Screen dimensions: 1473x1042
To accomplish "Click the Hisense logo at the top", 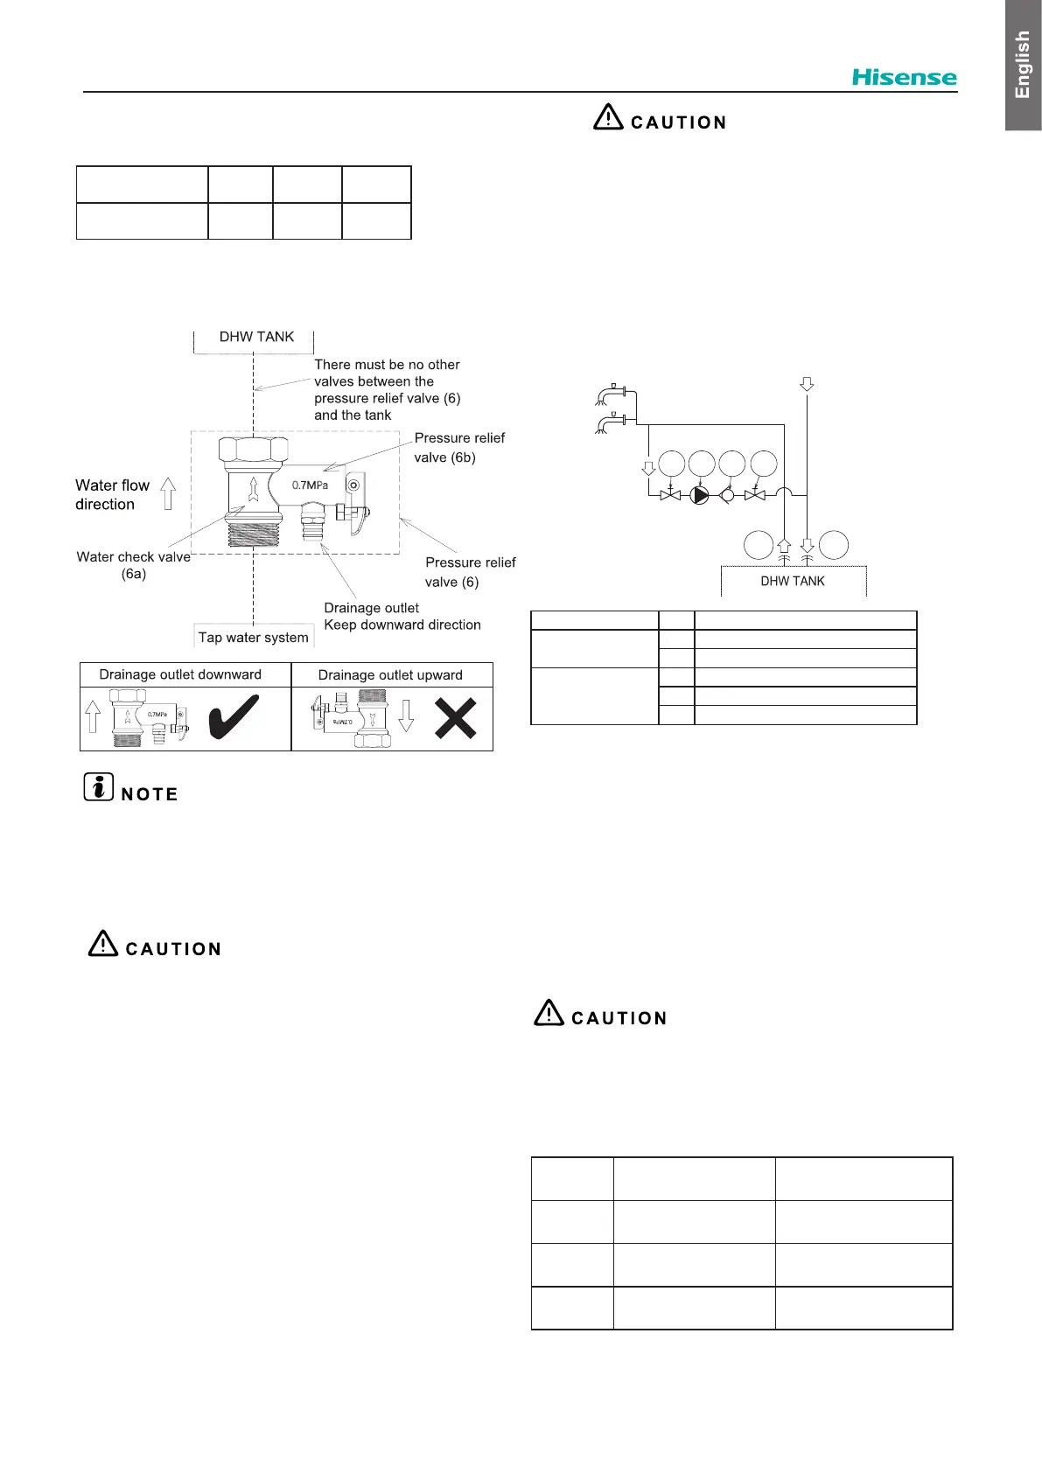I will point(904,77).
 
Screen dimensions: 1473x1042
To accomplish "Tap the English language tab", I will point(1023,65).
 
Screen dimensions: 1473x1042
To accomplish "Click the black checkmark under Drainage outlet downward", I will point(234,716).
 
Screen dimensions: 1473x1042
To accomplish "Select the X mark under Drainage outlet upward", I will point(456,718).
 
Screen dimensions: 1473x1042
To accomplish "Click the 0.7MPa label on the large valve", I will point(310,485).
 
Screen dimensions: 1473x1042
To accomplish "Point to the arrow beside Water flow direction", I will point(168,494).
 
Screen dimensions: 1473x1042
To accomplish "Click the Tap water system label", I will point(253,638).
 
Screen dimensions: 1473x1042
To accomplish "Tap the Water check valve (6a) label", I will point(133,565).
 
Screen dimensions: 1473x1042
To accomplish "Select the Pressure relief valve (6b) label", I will point(458,447).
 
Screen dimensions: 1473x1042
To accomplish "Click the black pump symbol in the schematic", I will point(700,495).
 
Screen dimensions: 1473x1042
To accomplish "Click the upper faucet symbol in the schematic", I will point(612,394).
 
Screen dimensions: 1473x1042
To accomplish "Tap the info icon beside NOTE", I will point(99,787).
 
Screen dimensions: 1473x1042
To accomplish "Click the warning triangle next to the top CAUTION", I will point(608,117).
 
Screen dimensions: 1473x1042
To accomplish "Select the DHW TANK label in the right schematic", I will point(793,581).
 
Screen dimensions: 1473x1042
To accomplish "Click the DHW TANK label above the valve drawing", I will point(256,337).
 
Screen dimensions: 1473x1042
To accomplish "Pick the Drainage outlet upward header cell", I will point(390,674).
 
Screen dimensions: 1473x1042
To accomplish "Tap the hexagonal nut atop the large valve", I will point(253,450).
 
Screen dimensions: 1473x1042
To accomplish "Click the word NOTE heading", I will point(150,794).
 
